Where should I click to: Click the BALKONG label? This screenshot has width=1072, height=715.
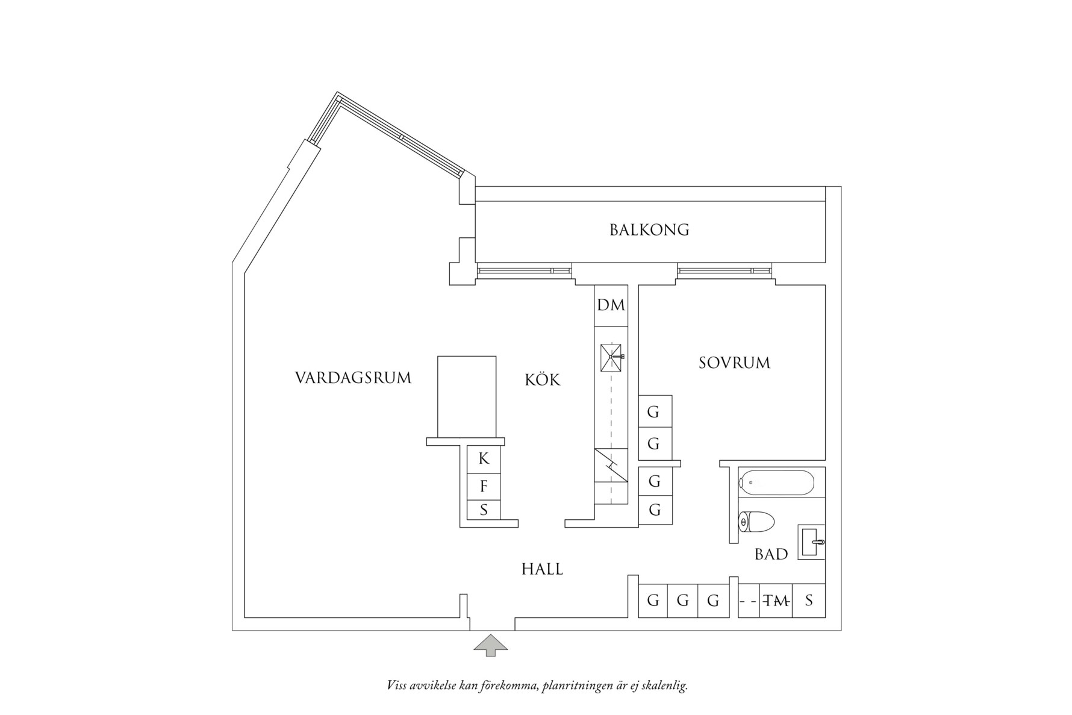pyautogui.click(x=649, y=229)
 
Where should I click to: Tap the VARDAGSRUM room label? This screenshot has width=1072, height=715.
pyautogui.click(x=353, y=378)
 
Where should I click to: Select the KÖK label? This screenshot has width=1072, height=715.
pyautogui.click(x=542, y=380)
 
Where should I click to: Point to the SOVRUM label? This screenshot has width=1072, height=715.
pyautogui.click(x=734, y=363)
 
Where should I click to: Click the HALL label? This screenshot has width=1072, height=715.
pyautogui.click(x=542, y=569)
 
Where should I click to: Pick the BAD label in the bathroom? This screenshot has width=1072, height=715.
pyautogui.click(x=771, y=554)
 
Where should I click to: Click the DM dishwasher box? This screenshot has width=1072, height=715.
pyautogui.click(x=611, y=305)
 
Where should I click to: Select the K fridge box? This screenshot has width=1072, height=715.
pyautogui.click(x=484, y=459)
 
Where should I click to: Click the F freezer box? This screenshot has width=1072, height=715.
pyautogui.click(x=484, y=486)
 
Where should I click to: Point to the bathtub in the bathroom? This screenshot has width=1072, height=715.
pyautogui.click(x=777, y=482)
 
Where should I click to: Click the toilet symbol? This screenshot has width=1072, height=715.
pyautogui.click(x=756, y=522)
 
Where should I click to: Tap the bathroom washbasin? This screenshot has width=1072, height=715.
pyautogui.click(x=811, y=542)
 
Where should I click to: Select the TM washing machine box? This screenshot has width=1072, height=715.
pyautogui.click(x=776, y=601)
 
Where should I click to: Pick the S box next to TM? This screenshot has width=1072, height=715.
pyautogui.click(x=809, y=601)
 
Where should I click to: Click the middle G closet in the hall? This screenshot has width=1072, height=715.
pyautogui.click(x=682, y=601)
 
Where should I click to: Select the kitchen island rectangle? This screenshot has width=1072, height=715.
pyautogui.click(x=467, y=396)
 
